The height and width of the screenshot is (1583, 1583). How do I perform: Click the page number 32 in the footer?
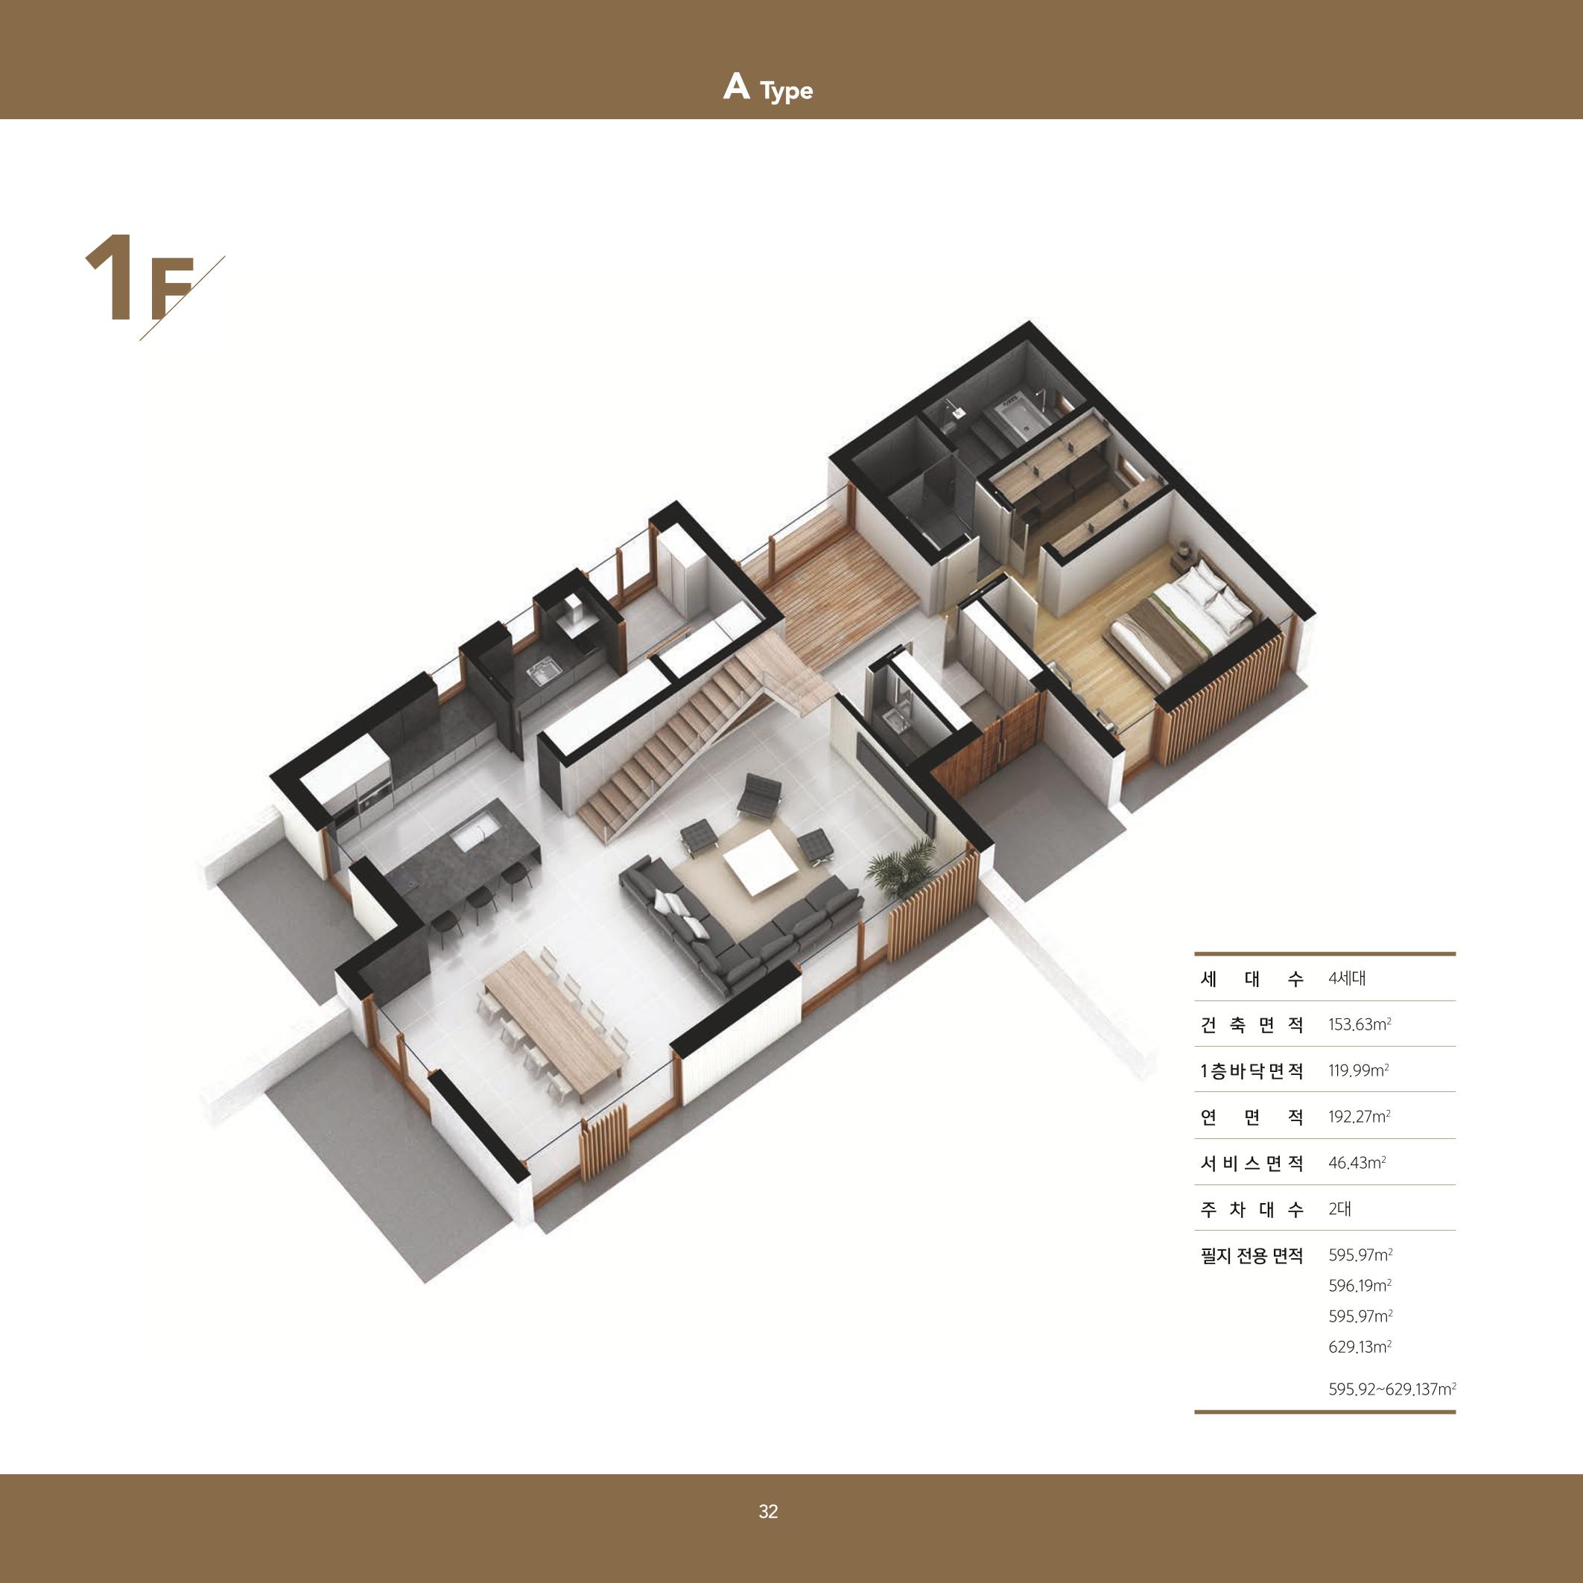pyautogui.click(x=768, y=1511)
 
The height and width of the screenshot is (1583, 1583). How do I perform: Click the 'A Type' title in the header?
pyautogui.click(x=768, y=88)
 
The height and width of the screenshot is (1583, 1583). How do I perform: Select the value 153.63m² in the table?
pyautogui.click(x=1360, y=1024)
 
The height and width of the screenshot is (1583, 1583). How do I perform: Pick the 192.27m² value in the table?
pyautogui.click(x=1360, y=1116)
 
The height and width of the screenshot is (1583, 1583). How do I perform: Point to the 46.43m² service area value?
pyautogui.click(x=1357, y=1162)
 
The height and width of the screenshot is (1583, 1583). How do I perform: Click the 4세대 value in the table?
pyautogui.click(x=1347, y=977)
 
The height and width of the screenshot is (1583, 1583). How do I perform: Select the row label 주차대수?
pyautogui.click(x=1252, y=1209)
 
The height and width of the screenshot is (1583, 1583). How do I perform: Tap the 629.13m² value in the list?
pyautogui.click(x=1360, y=1346)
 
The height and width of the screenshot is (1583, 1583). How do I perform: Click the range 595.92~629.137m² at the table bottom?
pyautogui.click(x=1392, y=1389)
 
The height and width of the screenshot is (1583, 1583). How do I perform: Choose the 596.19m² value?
pyautogui.click(x=1360, y=1285)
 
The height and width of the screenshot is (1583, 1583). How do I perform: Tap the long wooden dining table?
pyautogui.click(x=553, y=1025)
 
